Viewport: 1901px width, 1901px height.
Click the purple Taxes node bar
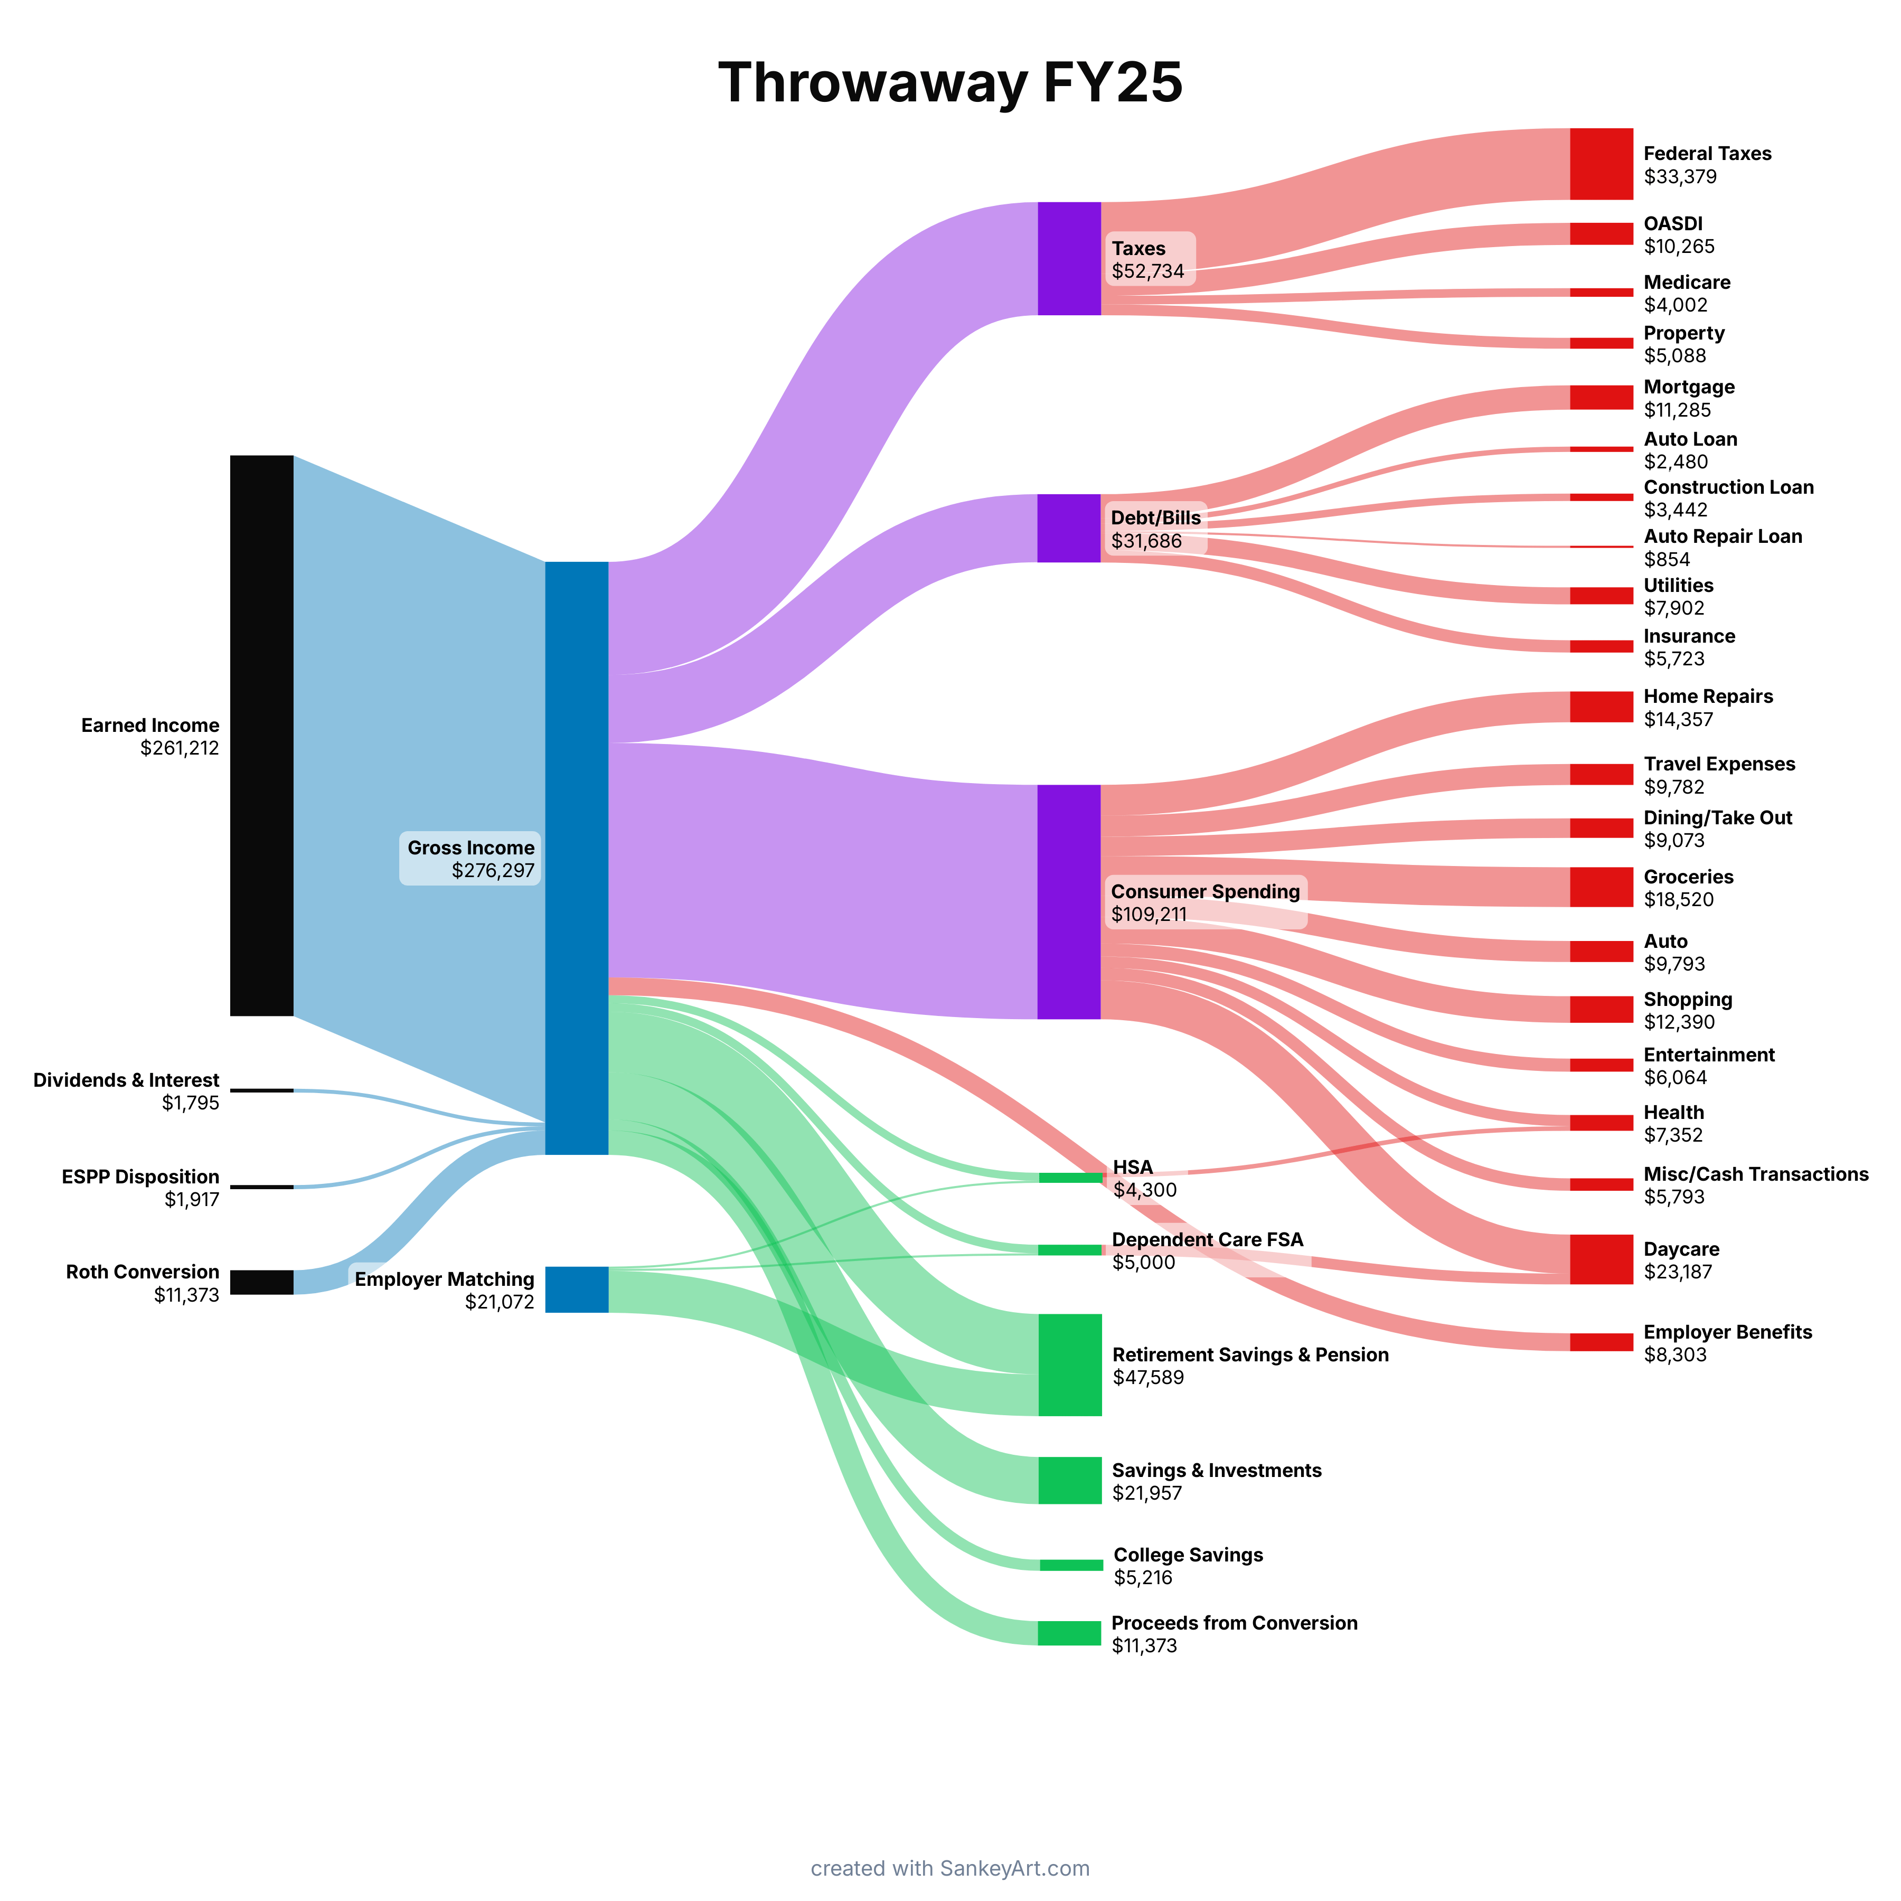tap(1069, 259)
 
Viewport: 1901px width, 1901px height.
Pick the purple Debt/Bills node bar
tap(1069, 529)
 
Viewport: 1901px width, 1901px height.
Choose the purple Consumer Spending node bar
tap(1069, 901)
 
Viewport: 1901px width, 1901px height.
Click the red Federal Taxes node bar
tap(1601, 163)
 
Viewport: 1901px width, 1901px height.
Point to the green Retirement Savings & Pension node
tap(1069, 1364)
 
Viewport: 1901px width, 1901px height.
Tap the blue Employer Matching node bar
tap(577, 1289)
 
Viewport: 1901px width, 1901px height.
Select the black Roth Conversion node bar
tap(262, 1282)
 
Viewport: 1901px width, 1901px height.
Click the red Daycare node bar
tap(1601, 1259)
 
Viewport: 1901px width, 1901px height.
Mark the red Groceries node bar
tap(1601, 887)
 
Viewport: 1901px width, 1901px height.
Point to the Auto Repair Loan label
tap(1722, 537)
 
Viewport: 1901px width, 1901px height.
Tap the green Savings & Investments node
tap(1069, 1480)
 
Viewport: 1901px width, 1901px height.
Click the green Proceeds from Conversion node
tap(1069, 1632)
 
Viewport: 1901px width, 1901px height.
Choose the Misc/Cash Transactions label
tap(1755, 1174)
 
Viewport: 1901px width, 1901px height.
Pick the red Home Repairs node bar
tap(1601, 707)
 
